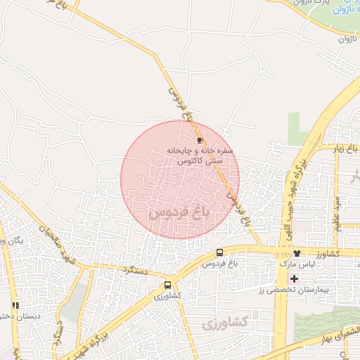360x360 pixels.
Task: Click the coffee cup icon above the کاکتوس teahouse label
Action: [191, 141]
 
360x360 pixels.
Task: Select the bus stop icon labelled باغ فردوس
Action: [219, 253]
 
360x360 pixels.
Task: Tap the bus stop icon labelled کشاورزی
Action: [167, 285]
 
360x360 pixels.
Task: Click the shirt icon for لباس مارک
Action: [297, 253]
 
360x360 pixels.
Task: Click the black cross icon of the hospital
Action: [294, 279]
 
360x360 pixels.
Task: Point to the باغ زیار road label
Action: [346, 149]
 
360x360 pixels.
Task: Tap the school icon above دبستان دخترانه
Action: [15, 305]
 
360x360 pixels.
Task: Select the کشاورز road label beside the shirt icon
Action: [328, 252]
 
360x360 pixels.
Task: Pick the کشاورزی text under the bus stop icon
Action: [167, 296]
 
